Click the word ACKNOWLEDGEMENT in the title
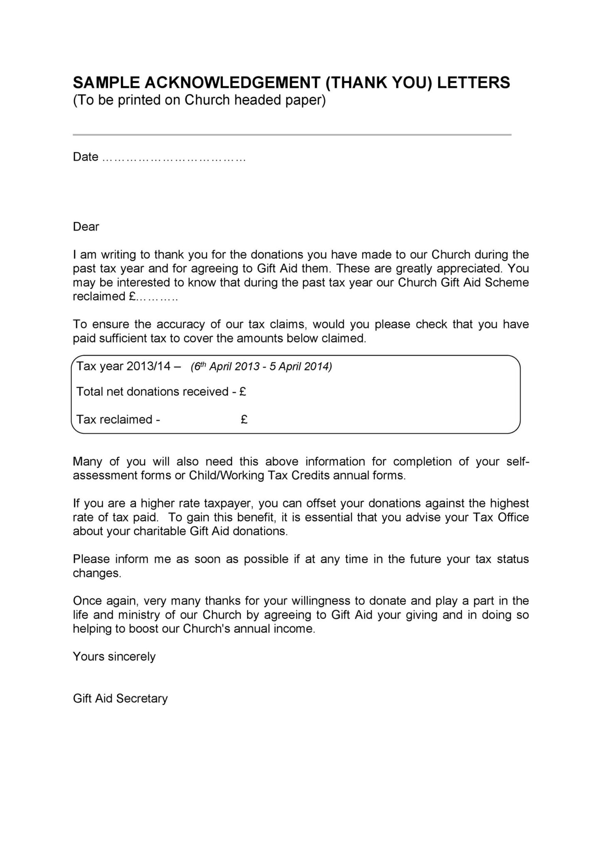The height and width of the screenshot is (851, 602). (x=233, y=83)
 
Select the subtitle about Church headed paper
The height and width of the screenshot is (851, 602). (x=199, y=101)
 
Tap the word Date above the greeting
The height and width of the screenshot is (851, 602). (x=86, y=157)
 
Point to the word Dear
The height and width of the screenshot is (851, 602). (x=86, y=227)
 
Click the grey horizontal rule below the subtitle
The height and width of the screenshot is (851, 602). (x=292, y=135)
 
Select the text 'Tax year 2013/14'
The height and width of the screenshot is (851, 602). (x=124, y=366)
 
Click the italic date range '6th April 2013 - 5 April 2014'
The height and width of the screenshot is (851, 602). (x=261, y=367)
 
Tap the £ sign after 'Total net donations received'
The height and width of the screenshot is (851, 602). (x=243, y=392)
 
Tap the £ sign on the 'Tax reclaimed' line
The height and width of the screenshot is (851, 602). (x=244, y=420)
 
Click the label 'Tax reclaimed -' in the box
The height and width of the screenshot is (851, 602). (x=118, y=420)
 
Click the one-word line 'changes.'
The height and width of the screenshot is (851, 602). (x=97, y=573)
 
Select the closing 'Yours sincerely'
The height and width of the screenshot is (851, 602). (x=114, y=657)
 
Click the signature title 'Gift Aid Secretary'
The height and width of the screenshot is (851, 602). (x=120, y=699)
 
